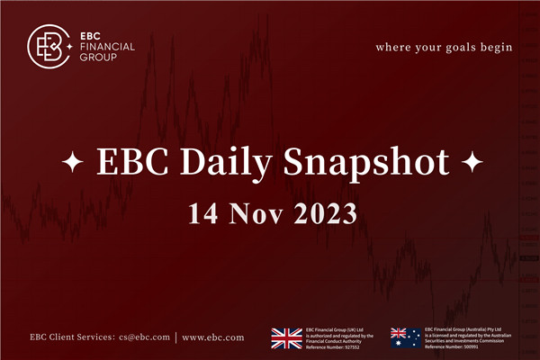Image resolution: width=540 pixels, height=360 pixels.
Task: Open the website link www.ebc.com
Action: (212, 337)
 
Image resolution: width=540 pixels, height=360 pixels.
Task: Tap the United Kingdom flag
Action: (287, 337)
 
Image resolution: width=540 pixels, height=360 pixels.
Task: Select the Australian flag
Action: (404, 337)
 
